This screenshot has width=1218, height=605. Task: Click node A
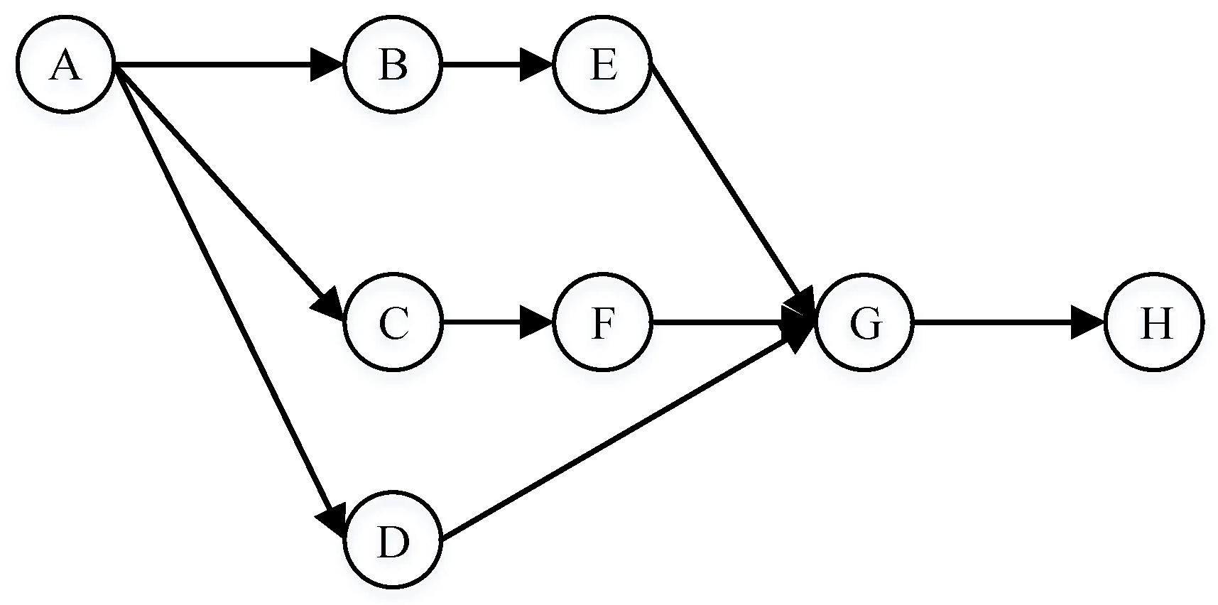click(x=65, y=65)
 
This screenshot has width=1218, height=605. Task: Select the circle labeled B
click(x=393, y=65)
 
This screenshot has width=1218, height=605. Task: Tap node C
click(x=393, y=323)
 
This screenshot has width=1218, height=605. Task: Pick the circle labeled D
click(x=393, y=542)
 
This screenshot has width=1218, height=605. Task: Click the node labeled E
click(x=602, y=65)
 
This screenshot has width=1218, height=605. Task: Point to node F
click(x=602, y=323)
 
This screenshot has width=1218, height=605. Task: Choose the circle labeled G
click(x=864, y=323)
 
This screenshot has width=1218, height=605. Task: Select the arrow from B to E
click(x=490, y=65)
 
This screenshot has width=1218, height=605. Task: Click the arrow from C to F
click(x=490, y=323)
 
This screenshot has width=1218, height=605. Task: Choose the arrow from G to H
click(x=1001, y=323)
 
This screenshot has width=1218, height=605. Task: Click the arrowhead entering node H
click(x=1087, y=323)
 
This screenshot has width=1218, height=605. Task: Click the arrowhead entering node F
click(x=536, y=323)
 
